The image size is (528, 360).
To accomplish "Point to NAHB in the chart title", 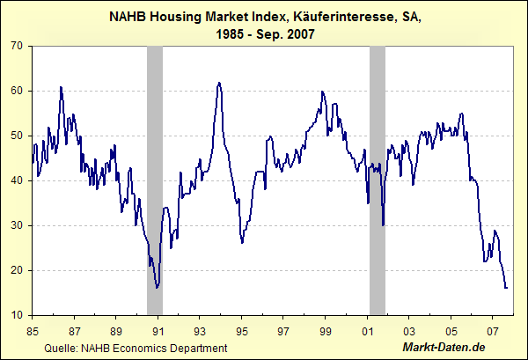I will [128, 16].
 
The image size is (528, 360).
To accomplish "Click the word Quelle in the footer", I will [60, 349].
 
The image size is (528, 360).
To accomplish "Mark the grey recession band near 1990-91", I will [154, 176].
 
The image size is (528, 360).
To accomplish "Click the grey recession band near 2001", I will [378, 176].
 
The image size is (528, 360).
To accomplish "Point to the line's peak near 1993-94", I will [218, 83].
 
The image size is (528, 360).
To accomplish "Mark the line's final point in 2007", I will [506, 287].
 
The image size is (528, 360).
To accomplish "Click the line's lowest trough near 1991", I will [156, 287].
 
